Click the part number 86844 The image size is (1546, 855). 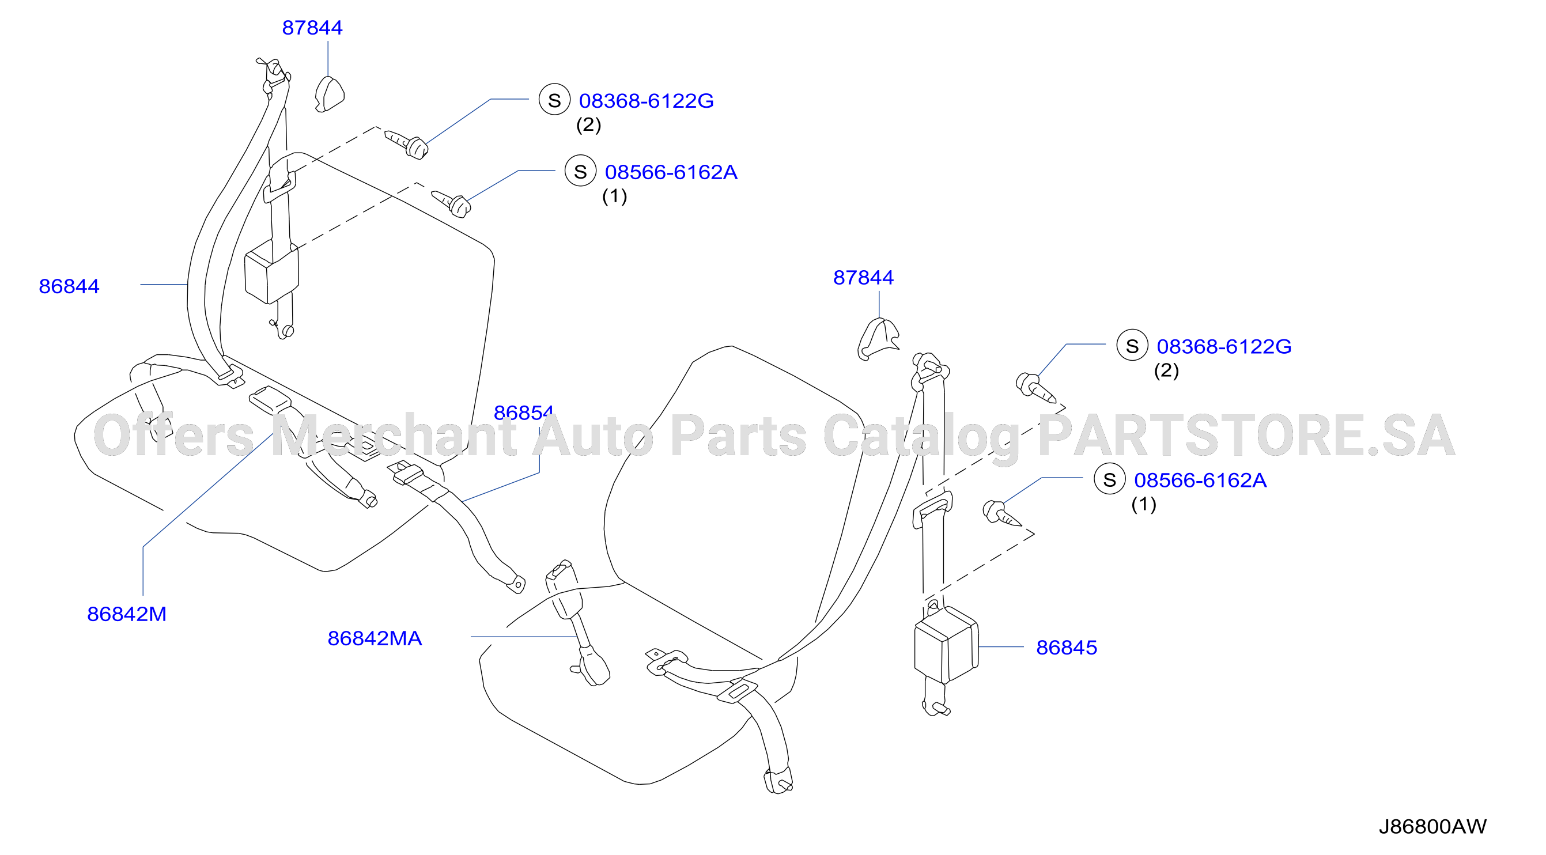click(x=69, y=286)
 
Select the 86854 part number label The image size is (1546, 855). click(x=523, y=412)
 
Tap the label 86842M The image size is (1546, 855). click(x=127, y=614)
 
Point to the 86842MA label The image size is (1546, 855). click(x=375, y=638)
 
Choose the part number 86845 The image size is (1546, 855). click(x=1067, y=648)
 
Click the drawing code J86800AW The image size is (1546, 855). click(x=1432, y=826)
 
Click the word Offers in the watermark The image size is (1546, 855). click(x=174, y=435)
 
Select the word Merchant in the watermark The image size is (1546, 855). click(x=394, y=435)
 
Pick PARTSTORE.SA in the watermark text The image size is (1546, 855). click(x=1246, y=435)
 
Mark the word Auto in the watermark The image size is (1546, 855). click(x=593, y=435)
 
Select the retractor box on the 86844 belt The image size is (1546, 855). click(x=271, y=271)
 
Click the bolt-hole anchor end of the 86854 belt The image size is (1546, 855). click(x=516, y=584)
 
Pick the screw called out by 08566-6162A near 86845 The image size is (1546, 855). click(x=1001, y=513)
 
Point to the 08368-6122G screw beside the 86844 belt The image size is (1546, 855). click(x=407, y=144)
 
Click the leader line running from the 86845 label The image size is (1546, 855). click(x=1001, y=647)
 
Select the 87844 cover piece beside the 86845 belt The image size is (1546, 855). click(x=878, y=338)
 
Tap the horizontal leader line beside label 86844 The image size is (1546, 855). click(x=164, y=285)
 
